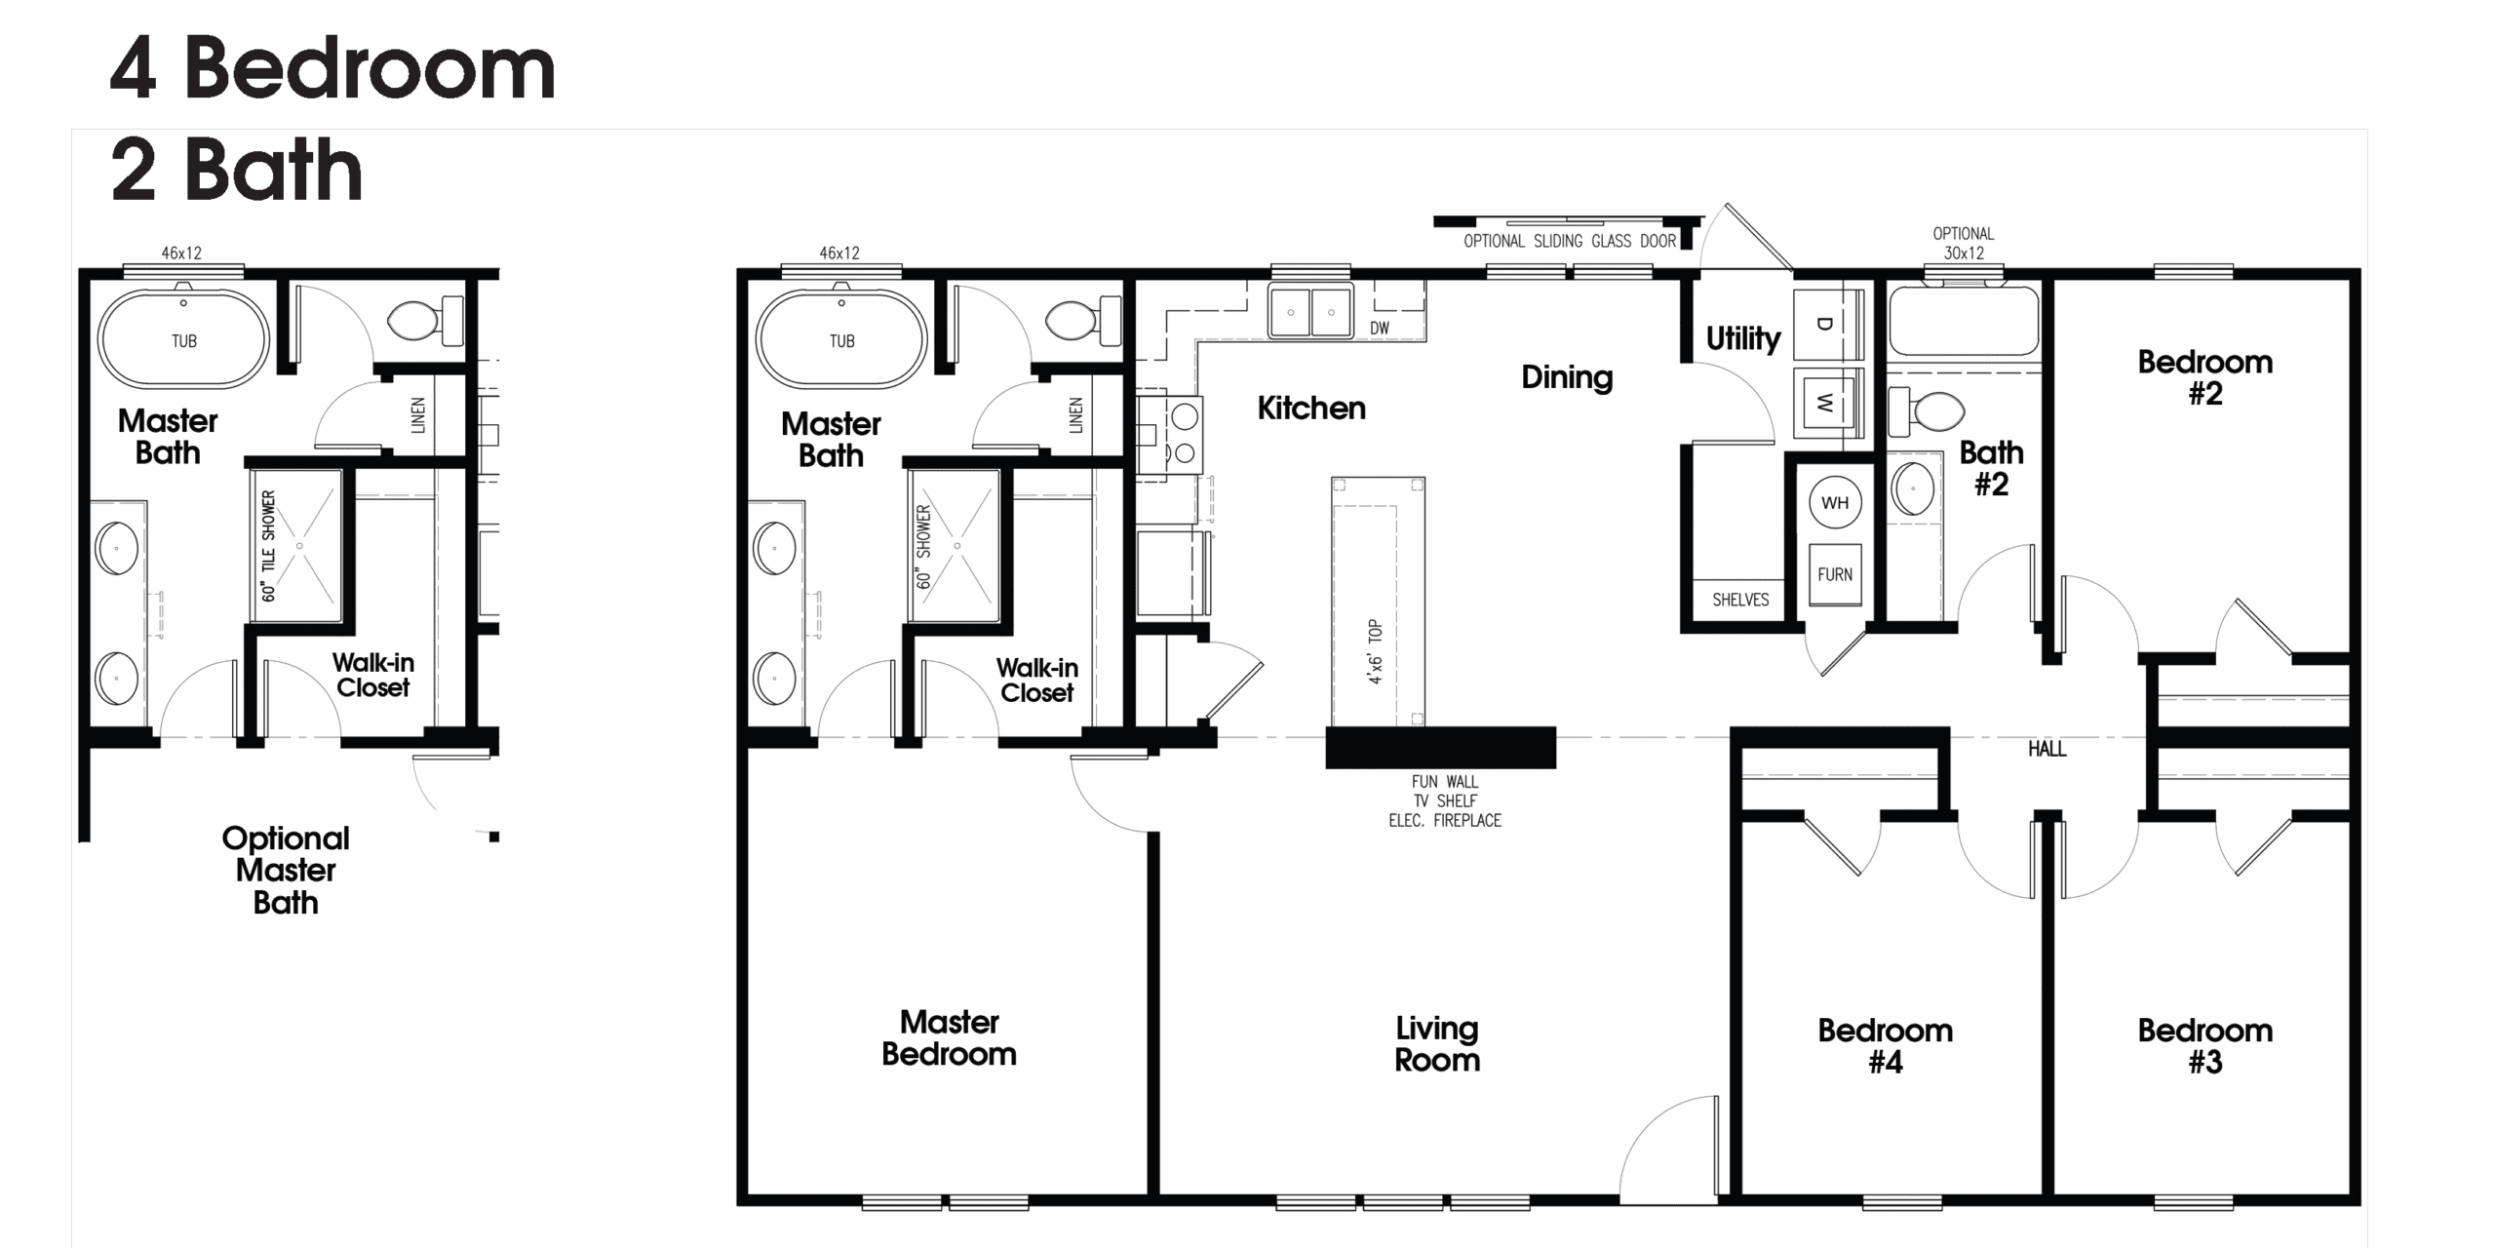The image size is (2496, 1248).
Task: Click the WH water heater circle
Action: [1835, 503]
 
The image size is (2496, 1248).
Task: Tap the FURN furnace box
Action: [1835, 574]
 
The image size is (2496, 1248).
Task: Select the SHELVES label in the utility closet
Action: [1740, 600]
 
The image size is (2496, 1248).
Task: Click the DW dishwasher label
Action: [1380, 329]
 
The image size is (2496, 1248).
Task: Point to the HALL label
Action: [2047, 749]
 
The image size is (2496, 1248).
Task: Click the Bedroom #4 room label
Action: [1886, 1045]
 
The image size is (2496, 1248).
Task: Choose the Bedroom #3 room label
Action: [2205, 1045]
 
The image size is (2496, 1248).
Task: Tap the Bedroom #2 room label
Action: [2205, 377]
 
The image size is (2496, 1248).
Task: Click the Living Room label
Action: [1437, 1043]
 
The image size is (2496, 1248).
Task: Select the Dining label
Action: [1567, 377]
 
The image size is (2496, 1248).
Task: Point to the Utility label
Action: [1743, 338]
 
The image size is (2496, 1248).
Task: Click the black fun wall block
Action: [1441, 748]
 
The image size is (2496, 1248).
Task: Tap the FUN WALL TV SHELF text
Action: [1445, 792]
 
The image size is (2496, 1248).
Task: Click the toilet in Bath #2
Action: [1926, 411]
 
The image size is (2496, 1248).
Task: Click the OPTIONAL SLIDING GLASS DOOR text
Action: [1570, 241]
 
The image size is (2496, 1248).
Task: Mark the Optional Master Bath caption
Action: [286, 870]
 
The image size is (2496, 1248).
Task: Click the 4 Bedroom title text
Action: [332, 68]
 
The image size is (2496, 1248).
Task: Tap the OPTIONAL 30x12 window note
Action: [1964, 243]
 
